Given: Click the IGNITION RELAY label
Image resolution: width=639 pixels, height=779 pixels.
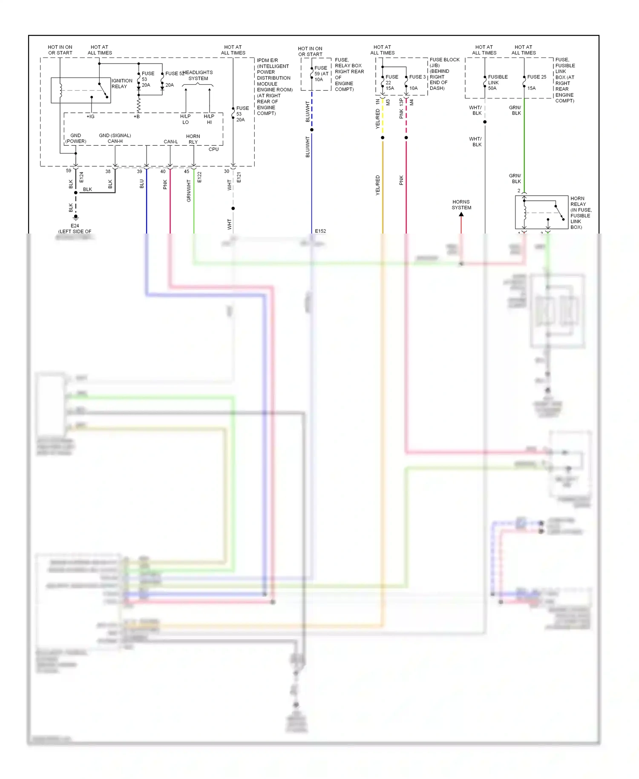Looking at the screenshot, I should click(121, 84).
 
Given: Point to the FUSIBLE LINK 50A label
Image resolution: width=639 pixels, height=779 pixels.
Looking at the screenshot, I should click(498, 83).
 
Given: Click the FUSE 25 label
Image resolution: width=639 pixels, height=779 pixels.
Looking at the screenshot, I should click(536, 77).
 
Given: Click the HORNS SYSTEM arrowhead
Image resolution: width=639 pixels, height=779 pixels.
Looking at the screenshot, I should click(461, 215).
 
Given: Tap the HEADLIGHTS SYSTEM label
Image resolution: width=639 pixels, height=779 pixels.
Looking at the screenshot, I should click(198, 75).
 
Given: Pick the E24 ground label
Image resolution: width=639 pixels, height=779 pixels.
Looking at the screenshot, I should click(75, 226).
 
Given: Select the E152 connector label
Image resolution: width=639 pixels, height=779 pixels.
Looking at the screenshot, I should click(320, 231).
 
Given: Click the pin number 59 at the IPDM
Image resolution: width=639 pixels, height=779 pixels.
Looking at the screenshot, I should click(69, 170).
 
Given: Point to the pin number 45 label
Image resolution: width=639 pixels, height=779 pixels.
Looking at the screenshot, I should click(187, 171).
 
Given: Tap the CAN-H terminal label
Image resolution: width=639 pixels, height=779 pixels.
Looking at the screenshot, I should click(115, 141).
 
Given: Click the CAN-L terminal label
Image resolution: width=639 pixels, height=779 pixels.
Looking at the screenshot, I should click(170, 141).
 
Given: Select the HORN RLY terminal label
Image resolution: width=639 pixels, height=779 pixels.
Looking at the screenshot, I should click(193, 139).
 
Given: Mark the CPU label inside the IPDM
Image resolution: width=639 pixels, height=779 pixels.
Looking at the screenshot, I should click(213, 149).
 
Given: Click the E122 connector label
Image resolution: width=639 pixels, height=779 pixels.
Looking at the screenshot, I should click(199, 177).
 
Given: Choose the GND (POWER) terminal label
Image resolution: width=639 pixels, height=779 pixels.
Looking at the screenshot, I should click(76, 138).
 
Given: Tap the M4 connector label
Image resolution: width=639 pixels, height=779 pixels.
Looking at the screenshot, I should click(412, 103).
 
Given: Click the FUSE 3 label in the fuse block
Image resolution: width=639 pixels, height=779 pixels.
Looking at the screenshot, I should click(417, 77).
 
